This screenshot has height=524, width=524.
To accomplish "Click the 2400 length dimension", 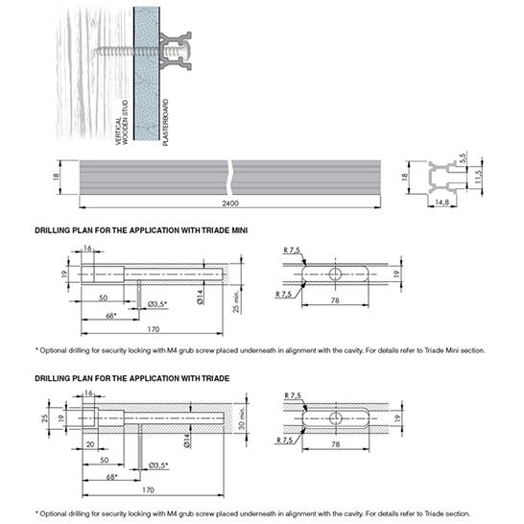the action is (x=230, y=203).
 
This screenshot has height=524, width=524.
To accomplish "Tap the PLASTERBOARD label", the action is (x=165, y=122).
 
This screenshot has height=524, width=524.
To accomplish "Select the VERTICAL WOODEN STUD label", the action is (x=122, y=122).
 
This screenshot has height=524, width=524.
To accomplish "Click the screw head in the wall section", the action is (x=185, y=51).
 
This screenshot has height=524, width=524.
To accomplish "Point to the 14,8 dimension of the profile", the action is (x=441, y=202).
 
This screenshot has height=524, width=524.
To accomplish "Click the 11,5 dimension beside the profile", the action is (x=478, y=177).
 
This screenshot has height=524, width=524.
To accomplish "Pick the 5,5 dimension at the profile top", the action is (x=463, y=158).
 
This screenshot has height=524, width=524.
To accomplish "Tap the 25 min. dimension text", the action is (x=236, y=301).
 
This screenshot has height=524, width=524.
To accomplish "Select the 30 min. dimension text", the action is (x=242, y=418).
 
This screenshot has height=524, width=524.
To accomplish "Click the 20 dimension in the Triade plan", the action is (x=90, y=444).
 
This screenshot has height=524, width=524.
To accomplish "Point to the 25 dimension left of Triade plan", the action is (x=44, y=418).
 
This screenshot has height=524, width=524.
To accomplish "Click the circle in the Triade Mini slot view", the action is (x=335, y=274).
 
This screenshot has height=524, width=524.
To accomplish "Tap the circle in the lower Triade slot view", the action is (x=336, y=418).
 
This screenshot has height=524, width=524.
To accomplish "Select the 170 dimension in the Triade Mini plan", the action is (x=154, y=329).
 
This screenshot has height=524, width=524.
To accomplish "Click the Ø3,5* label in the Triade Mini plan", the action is (x=157, y=304).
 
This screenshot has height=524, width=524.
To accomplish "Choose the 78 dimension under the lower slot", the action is (x=336, y=444).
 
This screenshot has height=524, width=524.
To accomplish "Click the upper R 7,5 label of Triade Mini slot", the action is (x=292, y=250).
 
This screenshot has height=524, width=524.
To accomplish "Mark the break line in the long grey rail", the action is (x=229, y=178).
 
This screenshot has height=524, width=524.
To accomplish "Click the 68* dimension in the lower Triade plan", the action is (x=111, y=477).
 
